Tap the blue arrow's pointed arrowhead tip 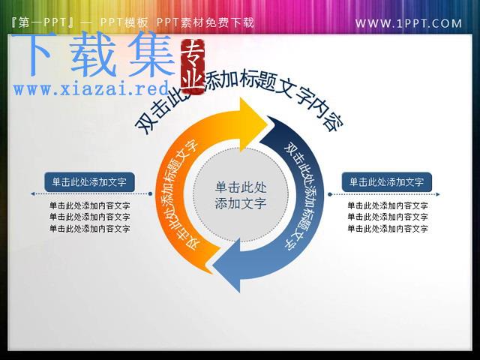pyautogui.click(x=213, y=265)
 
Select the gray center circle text pyautogui.click(x=241, y=195)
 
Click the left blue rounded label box pyautogui.click(x=89, y=182)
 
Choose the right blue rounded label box pyautogui.click(x=387, y=182)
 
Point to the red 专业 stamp pyautogui.click(x=193, y=65)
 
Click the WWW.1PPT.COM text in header pyautogui.click(x=408, y=23)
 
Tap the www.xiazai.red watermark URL pyautogui.click(x=91, y=88)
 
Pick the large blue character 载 pyautogui.click(x=93, y=54)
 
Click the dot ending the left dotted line pyautogui.click(x=150, y=193)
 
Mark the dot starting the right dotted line pyautogui.click(x=330, y=194)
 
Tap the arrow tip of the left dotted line pyautogui.click(x=31, y=193)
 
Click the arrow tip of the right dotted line pyautogui.click(x=439, y=194)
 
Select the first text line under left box pyautogui.click(x=90, y=205)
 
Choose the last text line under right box pyautogui.click(x=388, y=228)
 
